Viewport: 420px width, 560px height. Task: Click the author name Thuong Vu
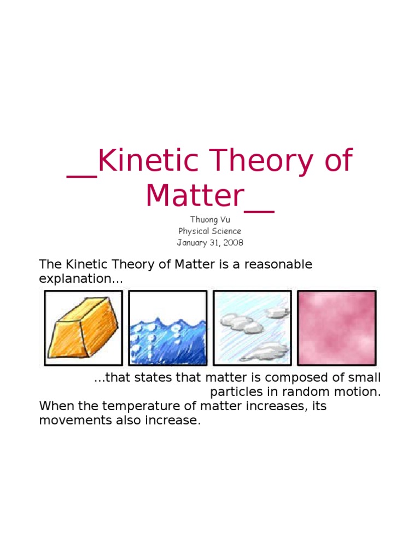tap(209, 220)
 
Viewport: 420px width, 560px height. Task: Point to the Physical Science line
tap(209, 231)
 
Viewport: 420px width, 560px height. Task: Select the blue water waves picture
tap(168, 328)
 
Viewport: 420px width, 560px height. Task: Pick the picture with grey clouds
tap(252, 328)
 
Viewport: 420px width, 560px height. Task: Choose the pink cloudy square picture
tap(336, 328)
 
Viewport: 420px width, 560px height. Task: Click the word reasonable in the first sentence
tap(278, 265)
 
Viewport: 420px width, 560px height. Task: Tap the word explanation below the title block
tap(79, 279)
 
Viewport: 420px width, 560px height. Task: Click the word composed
tap(272, 378)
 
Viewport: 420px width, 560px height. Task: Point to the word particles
tap(234, 392)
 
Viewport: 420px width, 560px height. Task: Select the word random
tap(297, 392)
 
